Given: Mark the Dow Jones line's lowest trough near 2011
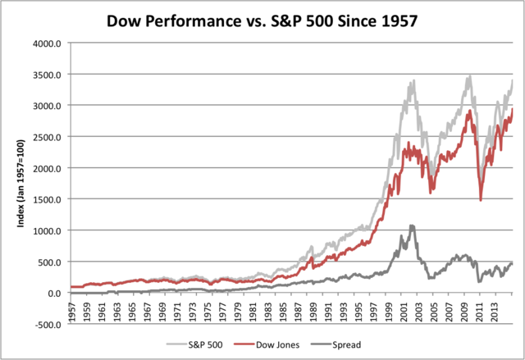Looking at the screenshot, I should (481, 199).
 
